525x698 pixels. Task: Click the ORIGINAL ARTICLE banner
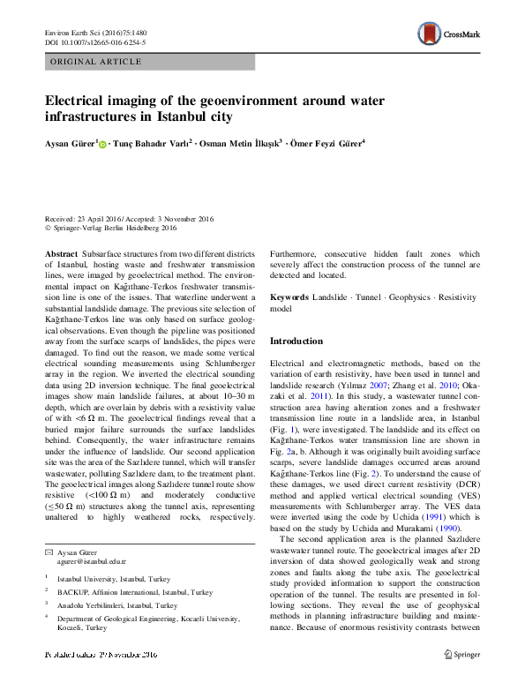[96, 62]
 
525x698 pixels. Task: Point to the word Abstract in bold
[61, 253]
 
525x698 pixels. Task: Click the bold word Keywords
[289, 297]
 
